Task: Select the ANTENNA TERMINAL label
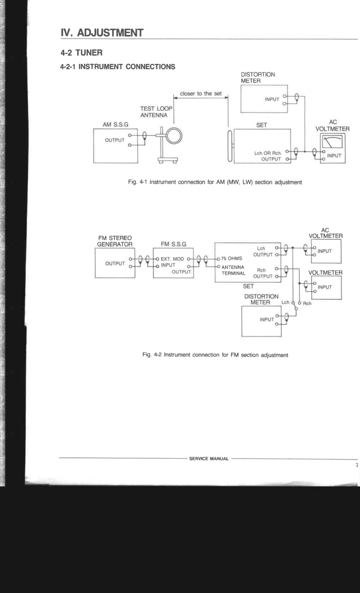coord(243,270)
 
